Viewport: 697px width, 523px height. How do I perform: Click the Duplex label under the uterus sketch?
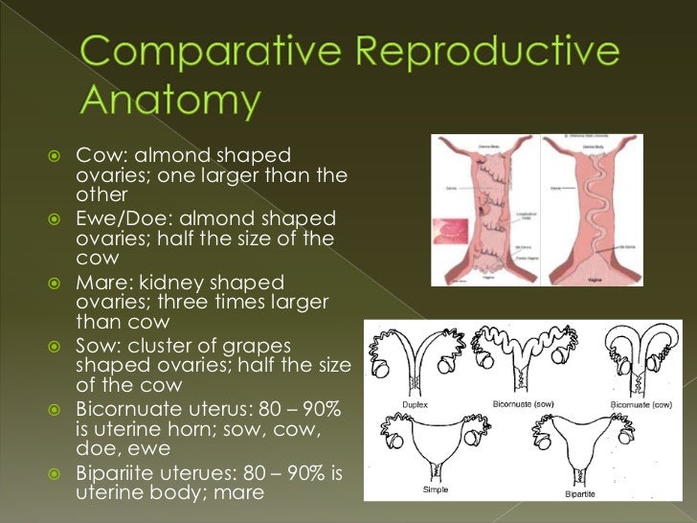[x=416, y=404]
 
